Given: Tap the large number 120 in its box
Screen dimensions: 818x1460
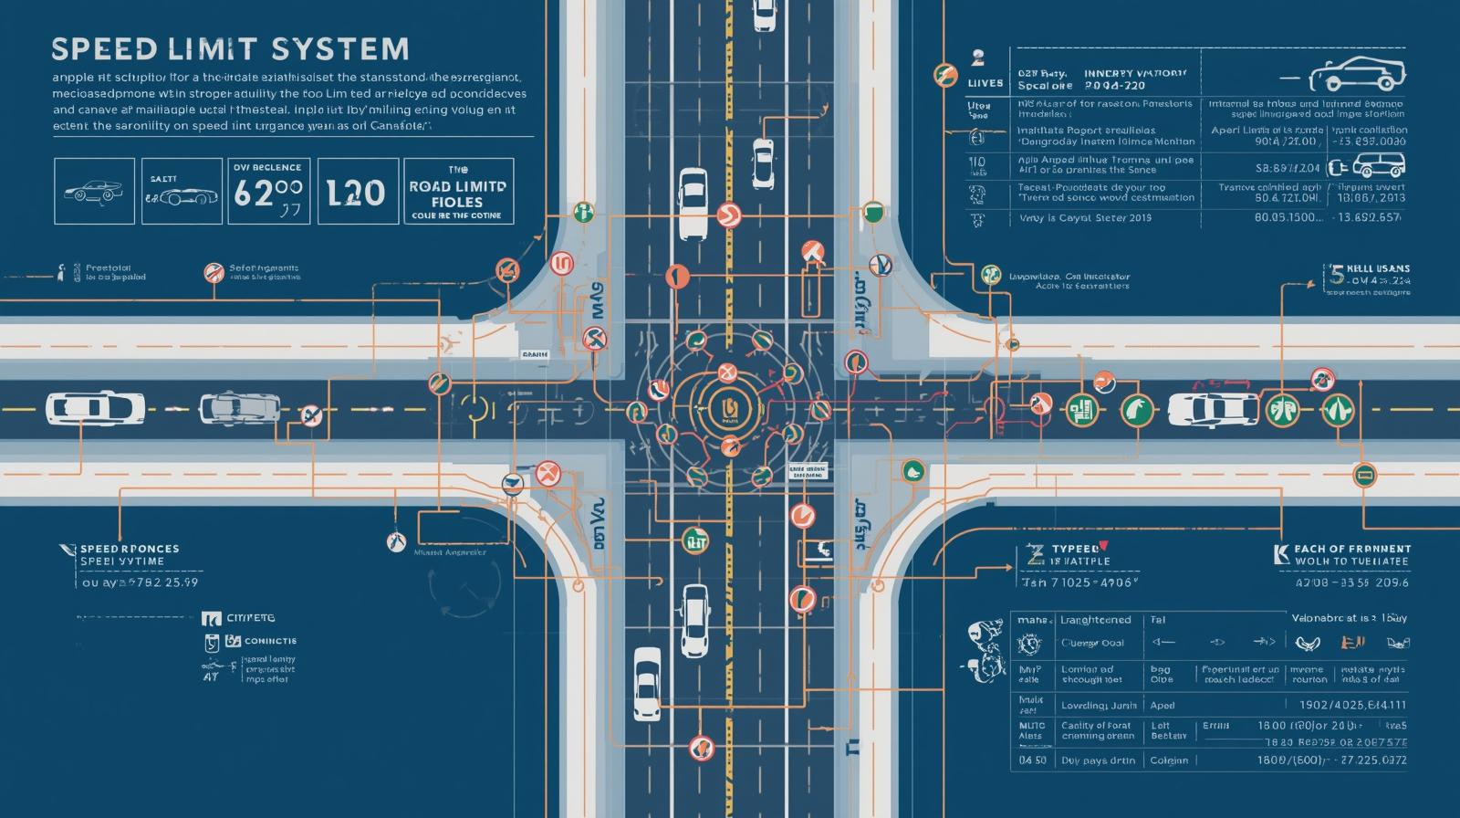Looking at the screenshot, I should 357,193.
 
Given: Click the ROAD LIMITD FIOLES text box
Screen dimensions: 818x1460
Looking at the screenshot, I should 457,192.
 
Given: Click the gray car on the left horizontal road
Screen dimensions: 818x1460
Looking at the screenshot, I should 239,408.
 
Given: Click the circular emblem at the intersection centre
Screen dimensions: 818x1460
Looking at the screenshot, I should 728,407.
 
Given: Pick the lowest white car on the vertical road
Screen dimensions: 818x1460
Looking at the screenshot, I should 647,682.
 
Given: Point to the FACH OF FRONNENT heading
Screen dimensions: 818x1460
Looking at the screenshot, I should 1351,549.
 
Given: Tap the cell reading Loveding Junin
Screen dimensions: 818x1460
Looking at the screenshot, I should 1098,706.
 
